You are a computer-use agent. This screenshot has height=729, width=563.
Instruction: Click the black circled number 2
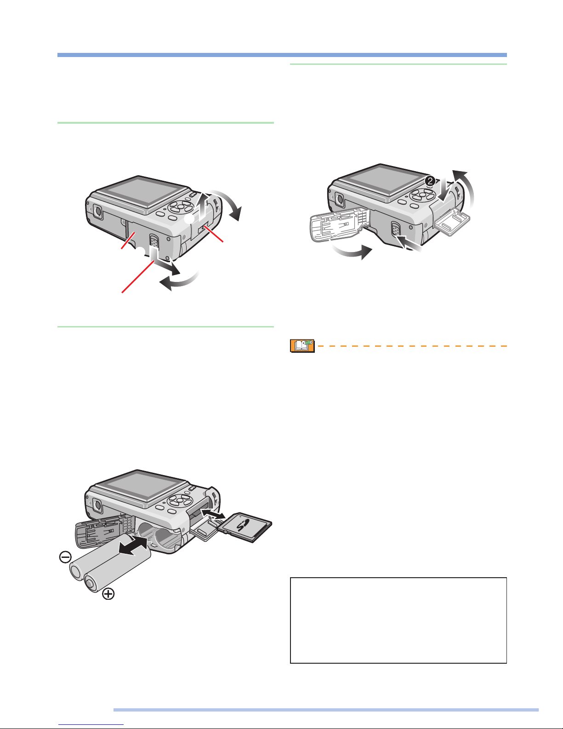point(430,182)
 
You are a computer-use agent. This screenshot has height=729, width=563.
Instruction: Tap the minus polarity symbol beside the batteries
point(65,557)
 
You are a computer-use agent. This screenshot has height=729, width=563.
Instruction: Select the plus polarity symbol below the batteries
point(108,594)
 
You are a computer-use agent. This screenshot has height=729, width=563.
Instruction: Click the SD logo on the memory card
point(243,525)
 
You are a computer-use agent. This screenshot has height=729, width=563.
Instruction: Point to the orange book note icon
point(302,346)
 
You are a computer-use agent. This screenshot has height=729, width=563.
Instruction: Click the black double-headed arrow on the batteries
point(133,545)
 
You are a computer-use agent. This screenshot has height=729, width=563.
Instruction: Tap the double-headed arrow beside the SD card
point(213,513)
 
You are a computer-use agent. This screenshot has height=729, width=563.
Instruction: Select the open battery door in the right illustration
point(338,224)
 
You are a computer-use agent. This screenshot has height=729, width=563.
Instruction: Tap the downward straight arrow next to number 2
point(444,190)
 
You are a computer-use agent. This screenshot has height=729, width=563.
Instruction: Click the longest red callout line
point(138,276)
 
